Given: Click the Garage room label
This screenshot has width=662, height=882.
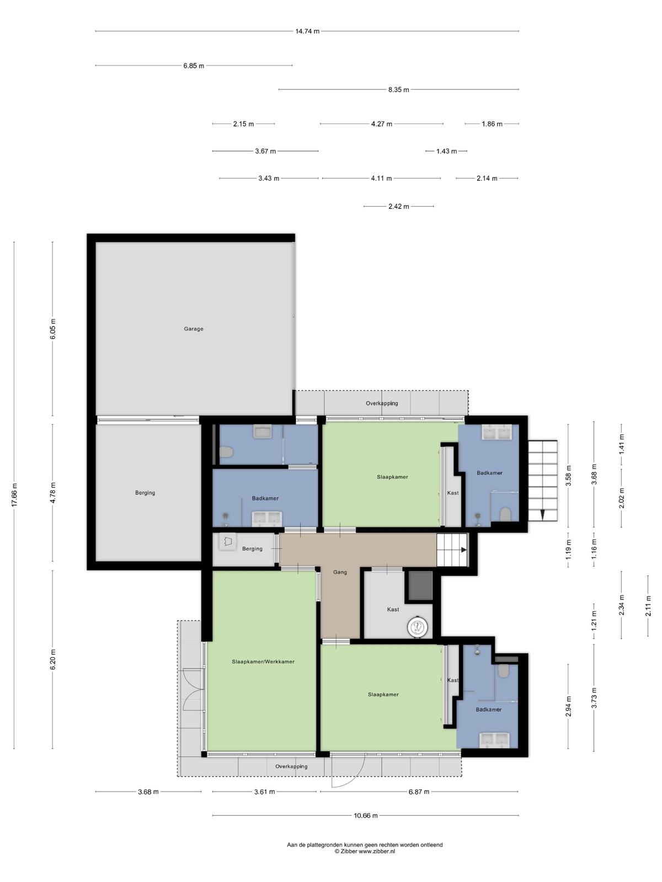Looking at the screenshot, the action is coord(193,329).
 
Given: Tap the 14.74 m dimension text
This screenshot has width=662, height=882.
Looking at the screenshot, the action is coord(307,31).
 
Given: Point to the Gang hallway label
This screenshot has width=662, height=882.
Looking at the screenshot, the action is coord(340,572).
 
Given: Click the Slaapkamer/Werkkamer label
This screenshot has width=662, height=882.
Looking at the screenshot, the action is coord(263,661).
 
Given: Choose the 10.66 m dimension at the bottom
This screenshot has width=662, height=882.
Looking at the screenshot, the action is coord(365,815).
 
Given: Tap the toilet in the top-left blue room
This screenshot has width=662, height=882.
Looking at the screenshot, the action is coord(226,452).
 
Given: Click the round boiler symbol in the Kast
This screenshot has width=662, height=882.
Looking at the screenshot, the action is coord(418,626).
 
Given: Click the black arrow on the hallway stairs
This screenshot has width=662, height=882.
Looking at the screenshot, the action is coord(464,550).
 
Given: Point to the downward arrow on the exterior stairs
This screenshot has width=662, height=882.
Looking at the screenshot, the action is coord(542,514).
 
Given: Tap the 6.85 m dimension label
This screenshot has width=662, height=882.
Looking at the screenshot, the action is coord(194,66).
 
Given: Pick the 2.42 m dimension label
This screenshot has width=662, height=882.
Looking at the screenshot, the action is coord(399,207).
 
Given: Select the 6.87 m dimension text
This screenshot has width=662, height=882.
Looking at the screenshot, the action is coord(419,792).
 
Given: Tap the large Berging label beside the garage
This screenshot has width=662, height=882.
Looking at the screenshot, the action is coord(145,493).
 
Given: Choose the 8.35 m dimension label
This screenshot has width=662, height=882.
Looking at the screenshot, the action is coord(399,90).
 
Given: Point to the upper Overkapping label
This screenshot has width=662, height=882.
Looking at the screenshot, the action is coord(382,403).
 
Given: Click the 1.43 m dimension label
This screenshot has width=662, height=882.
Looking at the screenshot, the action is coord(446,152).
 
